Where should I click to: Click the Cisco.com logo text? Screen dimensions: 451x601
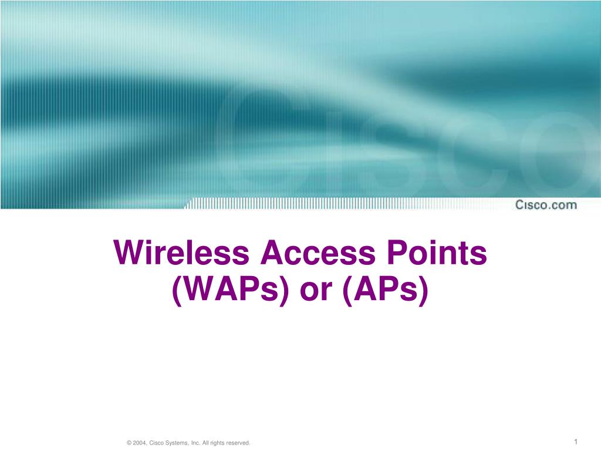point(546,205)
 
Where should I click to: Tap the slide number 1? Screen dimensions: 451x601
point(577,442)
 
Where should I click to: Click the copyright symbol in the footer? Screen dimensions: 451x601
point(129,443)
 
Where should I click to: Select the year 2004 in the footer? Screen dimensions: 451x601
point(139,443)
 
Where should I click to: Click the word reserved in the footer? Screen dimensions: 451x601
point(238,443)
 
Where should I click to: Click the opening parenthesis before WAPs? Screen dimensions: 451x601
point(176,291)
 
